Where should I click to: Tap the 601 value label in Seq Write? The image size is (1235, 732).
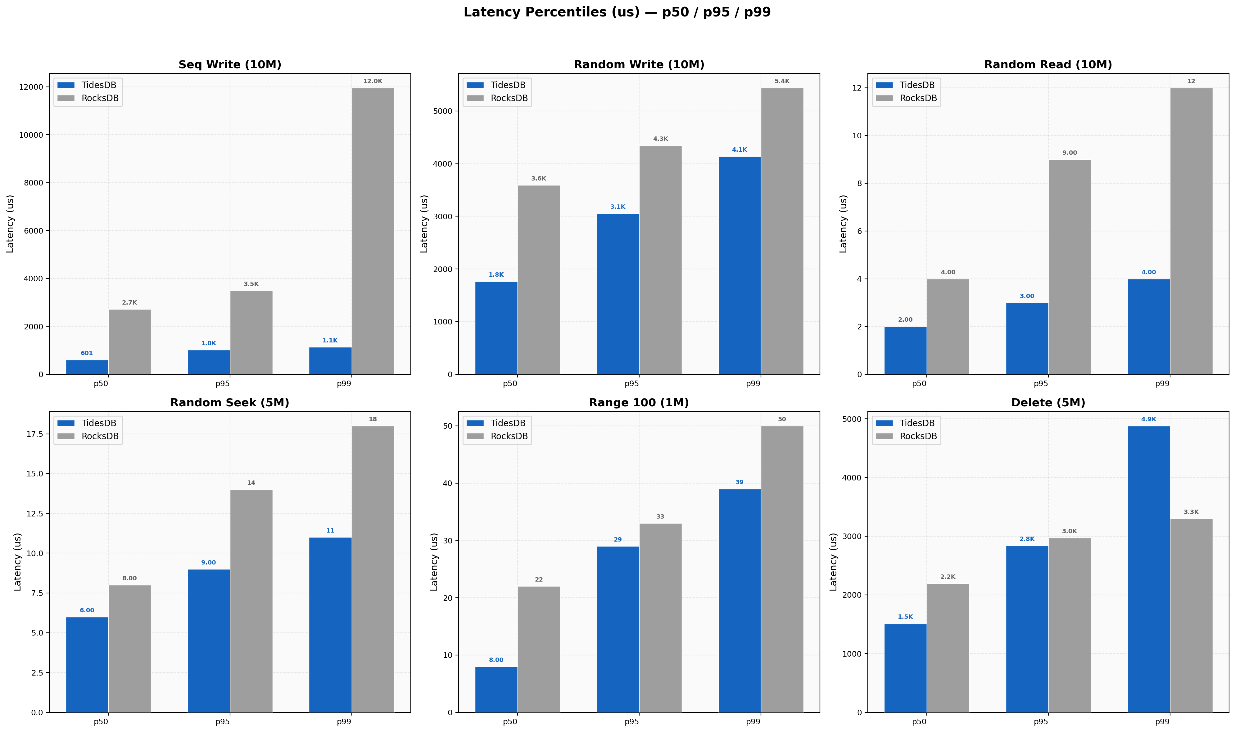pos(87,353)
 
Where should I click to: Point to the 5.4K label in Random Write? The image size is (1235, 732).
pos(782,81)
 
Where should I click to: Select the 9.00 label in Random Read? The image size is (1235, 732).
pos(1069,153)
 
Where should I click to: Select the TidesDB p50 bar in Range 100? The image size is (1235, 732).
pos(496,689)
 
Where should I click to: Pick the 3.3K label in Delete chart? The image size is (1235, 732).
pos(1191,512)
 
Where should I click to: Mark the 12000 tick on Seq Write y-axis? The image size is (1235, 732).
pos(31,87)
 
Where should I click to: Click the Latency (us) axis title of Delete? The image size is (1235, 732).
pos(834,562)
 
